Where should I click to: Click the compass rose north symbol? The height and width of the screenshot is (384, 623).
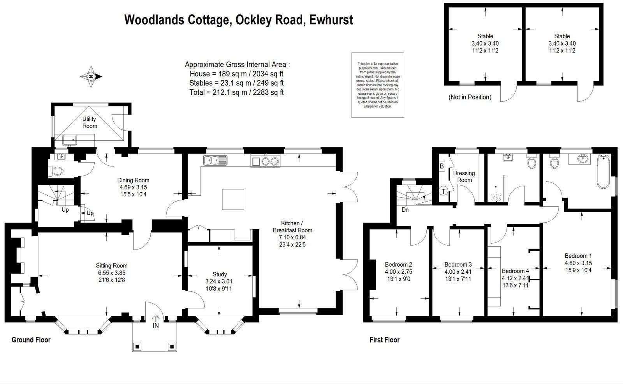(91, 76)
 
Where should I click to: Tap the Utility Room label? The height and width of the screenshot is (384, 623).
(90, 122)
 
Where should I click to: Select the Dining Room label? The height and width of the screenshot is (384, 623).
(133, 180)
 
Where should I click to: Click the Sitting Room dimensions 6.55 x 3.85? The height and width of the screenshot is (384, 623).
(112, 273)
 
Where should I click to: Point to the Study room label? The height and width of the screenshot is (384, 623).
(220, 274)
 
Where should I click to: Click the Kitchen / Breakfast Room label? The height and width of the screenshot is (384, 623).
(292, 227)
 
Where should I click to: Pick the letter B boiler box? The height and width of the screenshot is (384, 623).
(442, 166)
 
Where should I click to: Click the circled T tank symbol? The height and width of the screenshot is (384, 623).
(443, 191)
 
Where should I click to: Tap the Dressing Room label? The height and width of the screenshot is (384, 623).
(464, 176)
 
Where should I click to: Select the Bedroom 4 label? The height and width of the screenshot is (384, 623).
(515, 271)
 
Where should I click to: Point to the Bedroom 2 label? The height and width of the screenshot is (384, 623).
(398, 264)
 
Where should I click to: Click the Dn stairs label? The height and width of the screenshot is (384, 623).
(405, 210)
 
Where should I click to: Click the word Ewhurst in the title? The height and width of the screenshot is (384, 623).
(331, 19)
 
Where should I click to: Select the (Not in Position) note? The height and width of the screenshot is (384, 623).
(470, 97)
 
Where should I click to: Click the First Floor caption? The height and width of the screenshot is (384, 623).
(384, 340)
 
